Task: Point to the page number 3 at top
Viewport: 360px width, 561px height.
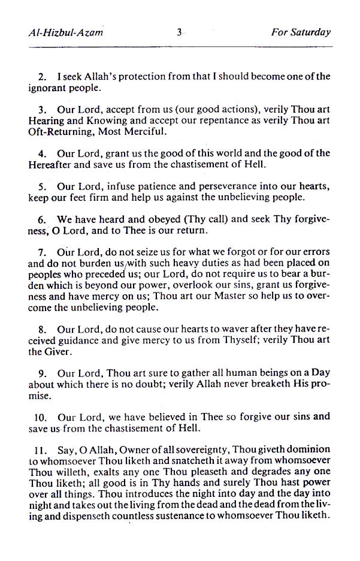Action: coord(179,33)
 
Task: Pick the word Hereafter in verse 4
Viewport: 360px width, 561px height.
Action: coord(50,164)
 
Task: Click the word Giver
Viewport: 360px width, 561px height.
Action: coord(57,352)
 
